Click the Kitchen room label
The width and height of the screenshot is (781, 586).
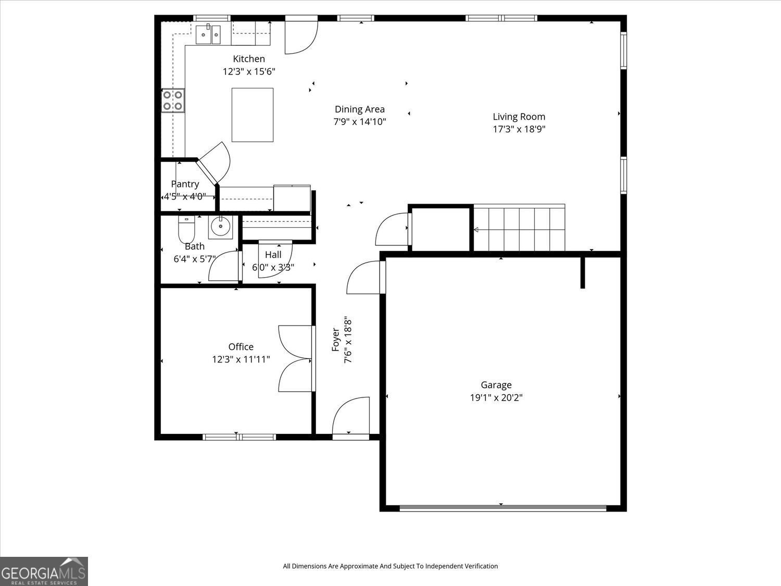[249, 59]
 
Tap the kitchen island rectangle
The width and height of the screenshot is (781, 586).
[253, 115]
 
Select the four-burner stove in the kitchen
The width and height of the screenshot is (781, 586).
[173, 101]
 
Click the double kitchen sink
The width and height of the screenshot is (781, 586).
[208, 34]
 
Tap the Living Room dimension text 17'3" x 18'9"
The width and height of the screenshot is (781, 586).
[519, 129]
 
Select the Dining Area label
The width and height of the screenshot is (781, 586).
[360, 109]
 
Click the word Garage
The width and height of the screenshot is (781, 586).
[496, 385]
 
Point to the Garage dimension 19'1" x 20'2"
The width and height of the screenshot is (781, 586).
[496, 397]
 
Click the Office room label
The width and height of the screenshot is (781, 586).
[241, 346]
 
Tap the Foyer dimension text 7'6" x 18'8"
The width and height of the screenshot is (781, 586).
[348, 341]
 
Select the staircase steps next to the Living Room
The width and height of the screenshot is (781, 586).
[519, 228]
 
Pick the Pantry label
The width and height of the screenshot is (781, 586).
[185, 184]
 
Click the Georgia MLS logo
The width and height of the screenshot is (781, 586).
[44, 571]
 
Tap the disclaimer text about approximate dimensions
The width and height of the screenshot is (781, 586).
[391, 566]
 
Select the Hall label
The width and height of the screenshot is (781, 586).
[273, 255]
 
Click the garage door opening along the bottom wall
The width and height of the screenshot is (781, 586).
[503, 508]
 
